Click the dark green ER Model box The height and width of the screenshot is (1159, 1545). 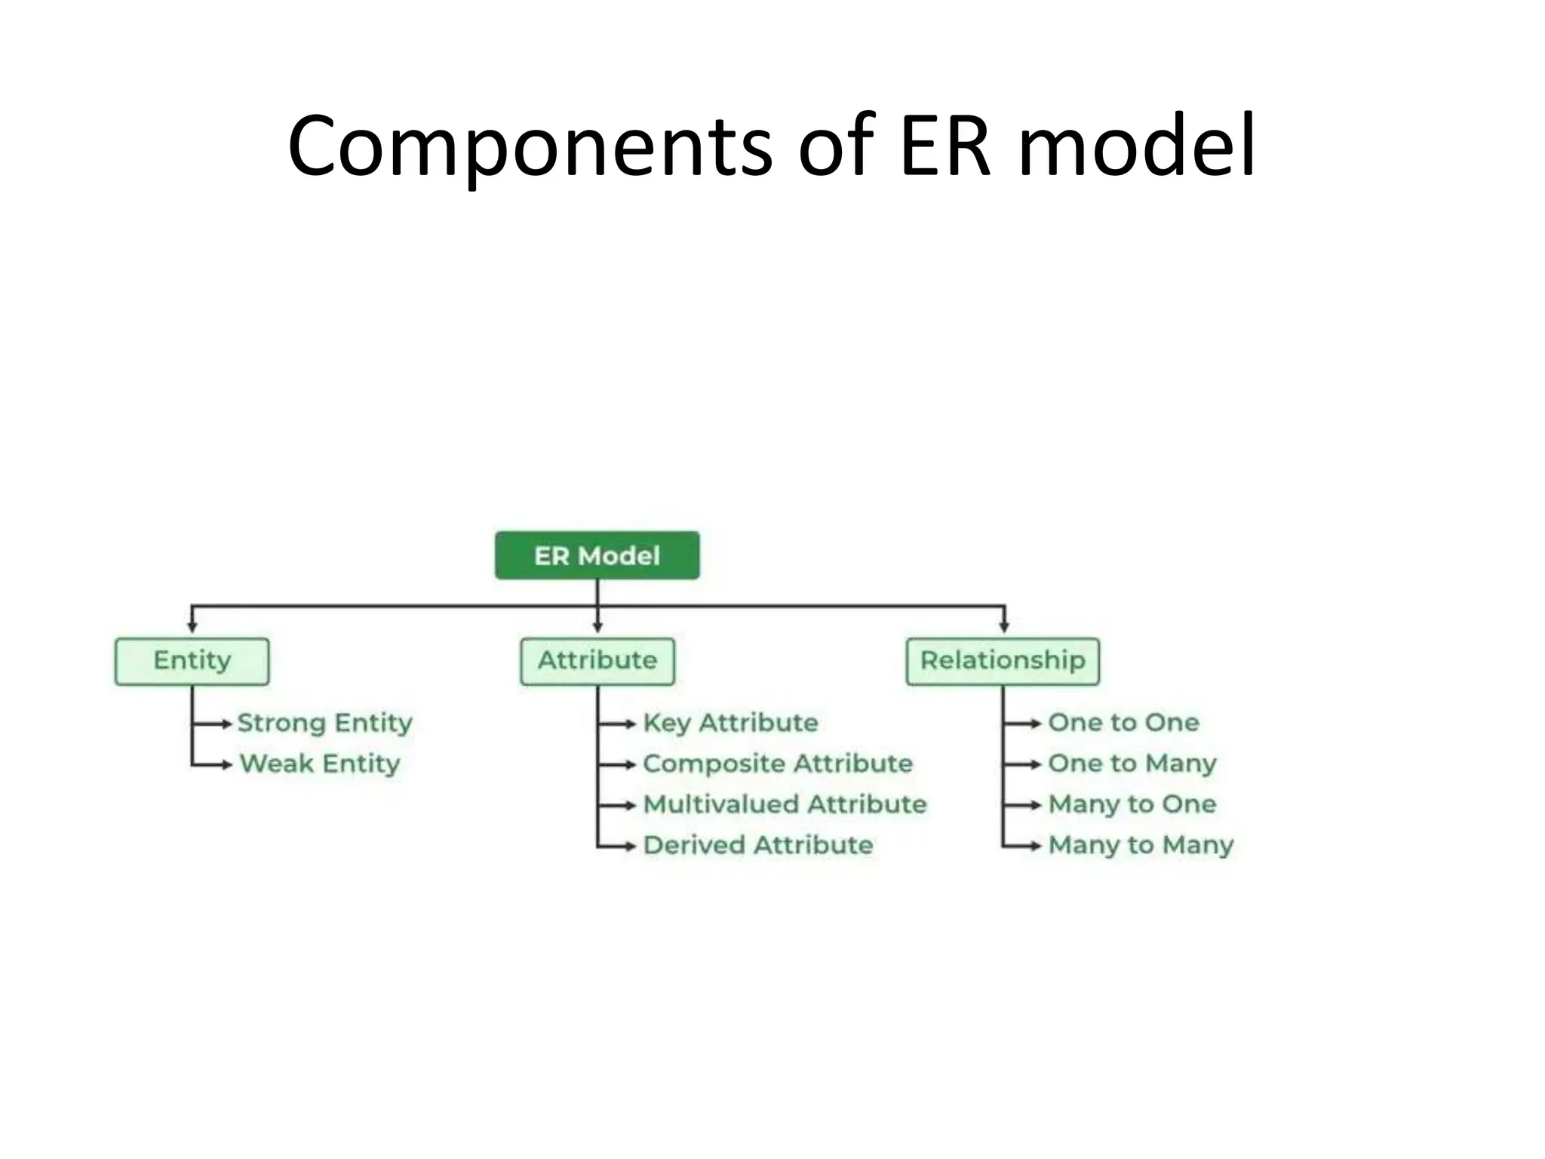coord(597,556)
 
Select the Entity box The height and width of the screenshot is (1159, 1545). coord(192,661)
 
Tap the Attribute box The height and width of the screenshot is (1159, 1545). coord(597,661)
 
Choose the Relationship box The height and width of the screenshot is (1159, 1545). coord(1003,661)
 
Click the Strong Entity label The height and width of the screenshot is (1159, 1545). coord(324,723)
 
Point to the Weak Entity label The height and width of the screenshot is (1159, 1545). coord(320,764)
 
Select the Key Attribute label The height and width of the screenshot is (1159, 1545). coord(730,723)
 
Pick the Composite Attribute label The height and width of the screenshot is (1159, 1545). coord(778,764)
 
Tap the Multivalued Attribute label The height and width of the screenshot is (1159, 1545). coord(785,804)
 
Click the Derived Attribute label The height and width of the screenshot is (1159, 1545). coord(758,845)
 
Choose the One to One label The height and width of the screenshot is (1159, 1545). coord(1123,723)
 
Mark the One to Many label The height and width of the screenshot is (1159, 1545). coord(1132,764)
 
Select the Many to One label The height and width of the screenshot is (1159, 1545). coord(1132,804)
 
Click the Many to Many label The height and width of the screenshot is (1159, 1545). coord(1141,845)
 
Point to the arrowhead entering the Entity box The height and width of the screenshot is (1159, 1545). coord(192,627)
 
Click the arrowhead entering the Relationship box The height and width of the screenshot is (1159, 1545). coord(1003,627)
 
